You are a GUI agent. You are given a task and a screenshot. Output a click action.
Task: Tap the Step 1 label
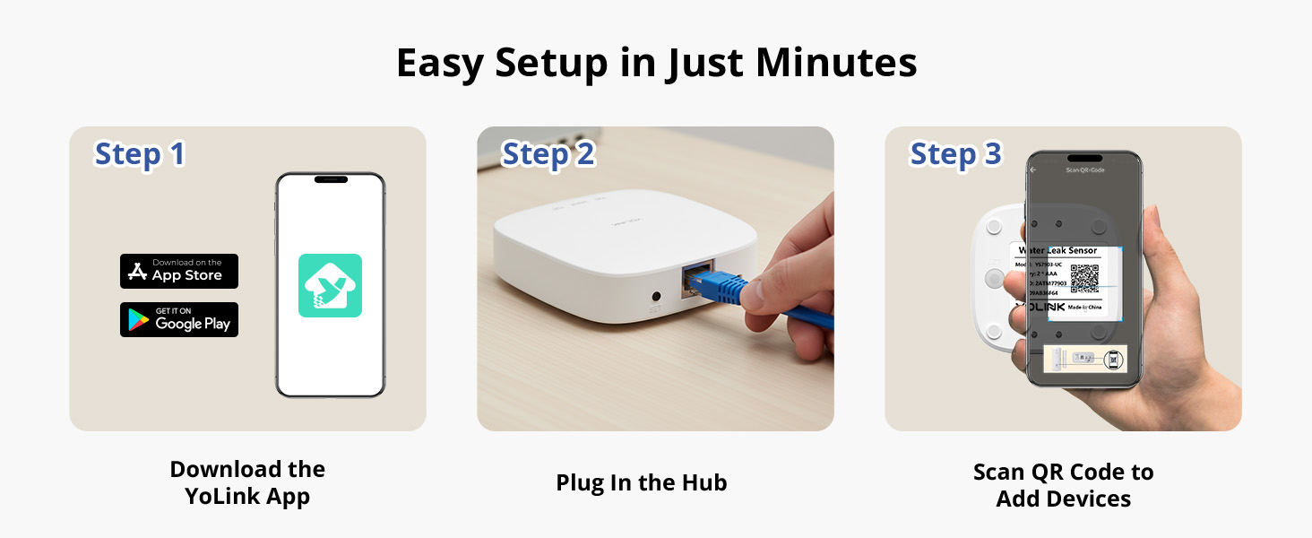click(140, 154)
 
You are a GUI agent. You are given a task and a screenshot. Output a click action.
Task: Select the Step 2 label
click(548, 154)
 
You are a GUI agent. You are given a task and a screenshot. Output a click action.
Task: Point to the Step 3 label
click(955, 154)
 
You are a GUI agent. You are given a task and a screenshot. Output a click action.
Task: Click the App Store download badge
click(179, 271)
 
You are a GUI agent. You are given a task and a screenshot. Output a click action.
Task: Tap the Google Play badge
click(179, 319)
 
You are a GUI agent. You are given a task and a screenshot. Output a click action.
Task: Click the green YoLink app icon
click(330, 285)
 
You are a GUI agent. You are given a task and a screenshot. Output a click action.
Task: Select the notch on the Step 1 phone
click(330, 179)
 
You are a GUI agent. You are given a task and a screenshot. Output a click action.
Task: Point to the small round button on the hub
click(657, 295)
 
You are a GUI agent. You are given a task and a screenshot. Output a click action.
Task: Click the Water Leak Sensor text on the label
click(1057, 250)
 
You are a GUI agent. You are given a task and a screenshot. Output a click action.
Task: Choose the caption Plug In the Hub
click(642, 483)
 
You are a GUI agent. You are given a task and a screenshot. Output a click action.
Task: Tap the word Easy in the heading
click(440, 64)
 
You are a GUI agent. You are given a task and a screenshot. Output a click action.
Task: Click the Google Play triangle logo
click(137, 319)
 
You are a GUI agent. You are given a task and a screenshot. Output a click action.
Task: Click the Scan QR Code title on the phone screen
click(1083, 169)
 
